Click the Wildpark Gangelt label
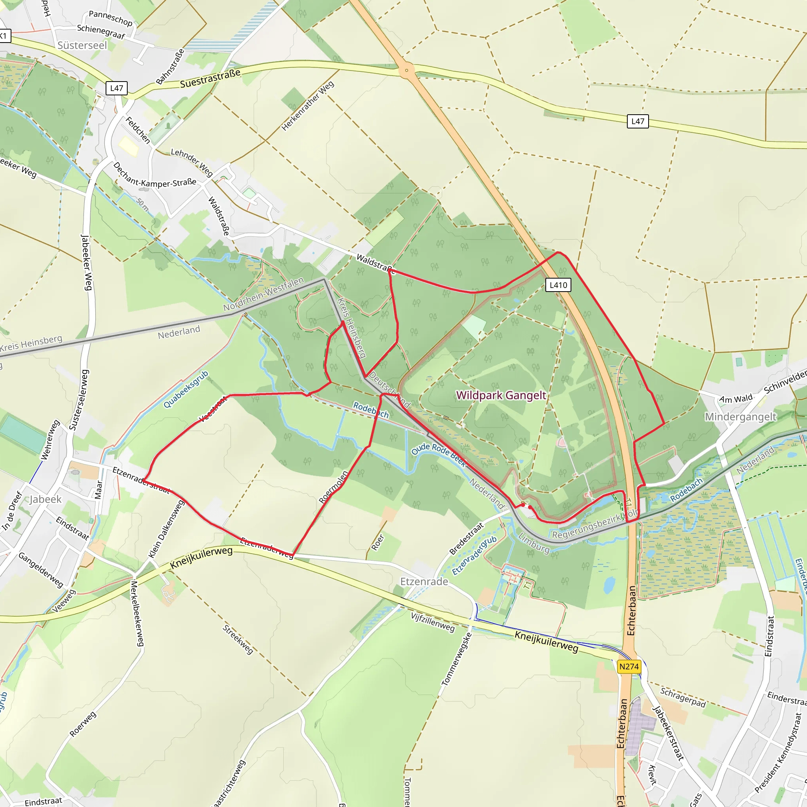tap(501, 395)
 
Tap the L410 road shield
tap(558, 285)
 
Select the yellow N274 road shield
tap(628, 666)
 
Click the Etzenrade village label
tap(424, 582)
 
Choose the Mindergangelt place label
tap(740, 417)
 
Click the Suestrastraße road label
tap(210, 78)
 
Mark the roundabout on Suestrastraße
tap(406, 70)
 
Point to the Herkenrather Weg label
tap(308, 106)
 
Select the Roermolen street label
tap(333, 487)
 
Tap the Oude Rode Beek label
tap(438, 454)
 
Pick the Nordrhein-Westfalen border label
tap(263, 294)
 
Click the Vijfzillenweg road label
tap(432, 622)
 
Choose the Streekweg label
tap(238, 640)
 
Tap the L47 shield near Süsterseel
tap(117, 88)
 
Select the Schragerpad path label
tap(682, 697)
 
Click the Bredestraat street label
tap(466, 538)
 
